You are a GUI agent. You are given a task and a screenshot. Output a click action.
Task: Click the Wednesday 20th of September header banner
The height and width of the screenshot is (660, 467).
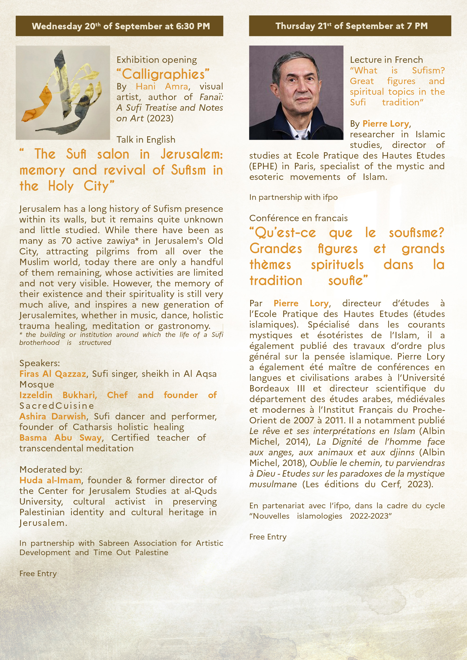[x=119, y=26]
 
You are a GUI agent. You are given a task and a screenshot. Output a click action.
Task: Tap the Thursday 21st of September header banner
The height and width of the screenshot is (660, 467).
[x=350, y=26]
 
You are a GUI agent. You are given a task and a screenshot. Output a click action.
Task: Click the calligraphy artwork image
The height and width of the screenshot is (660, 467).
[x=63, y=93]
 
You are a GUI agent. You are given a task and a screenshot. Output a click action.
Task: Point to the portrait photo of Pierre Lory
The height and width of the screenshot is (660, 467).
[x=296, y=93]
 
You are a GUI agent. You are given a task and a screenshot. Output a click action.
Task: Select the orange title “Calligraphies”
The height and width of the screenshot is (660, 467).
[x=163, y=74]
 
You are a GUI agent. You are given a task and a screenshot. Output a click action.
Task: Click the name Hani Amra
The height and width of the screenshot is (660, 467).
[x=162, y=86]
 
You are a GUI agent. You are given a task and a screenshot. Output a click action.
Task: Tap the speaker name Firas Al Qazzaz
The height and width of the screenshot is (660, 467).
[x=53, y=374]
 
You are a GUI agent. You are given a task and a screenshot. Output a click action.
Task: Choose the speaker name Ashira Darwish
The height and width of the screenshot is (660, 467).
[x=53, y=416]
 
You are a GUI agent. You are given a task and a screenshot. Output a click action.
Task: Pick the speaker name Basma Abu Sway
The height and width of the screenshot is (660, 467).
[x=60, y=438]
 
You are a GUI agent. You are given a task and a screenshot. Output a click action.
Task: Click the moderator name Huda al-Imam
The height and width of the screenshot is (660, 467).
[x=50, y=480]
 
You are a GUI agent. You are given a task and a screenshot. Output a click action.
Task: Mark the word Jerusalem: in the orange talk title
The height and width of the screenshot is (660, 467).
[x=191, y=154]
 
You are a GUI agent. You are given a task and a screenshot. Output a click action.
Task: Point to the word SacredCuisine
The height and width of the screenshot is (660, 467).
[x=57, y=406]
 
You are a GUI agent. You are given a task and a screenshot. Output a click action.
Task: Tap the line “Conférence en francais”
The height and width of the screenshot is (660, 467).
[x=298, y=218]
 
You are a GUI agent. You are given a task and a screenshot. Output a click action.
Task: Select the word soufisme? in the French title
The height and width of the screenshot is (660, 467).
[x=416, y=233]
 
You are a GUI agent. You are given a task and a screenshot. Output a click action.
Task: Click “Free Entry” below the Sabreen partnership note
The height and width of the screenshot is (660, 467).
[x=38, y=574]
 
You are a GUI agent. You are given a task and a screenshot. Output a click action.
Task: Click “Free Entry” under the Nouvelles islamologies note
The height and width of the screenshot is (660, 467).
[x=268, y=537]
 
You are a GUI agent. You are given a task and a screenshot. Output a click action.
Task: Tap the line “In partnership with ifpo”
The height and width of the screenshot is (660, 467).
[x=293, y=197]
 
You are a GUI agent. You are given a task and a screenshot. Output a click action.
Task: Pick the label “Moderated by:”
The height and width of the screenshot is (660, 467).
[x=51, y=469]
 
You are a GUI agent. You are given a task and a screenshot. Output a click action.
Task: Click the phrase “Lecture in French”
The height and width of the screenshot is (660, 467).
[x=386, y=60]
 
